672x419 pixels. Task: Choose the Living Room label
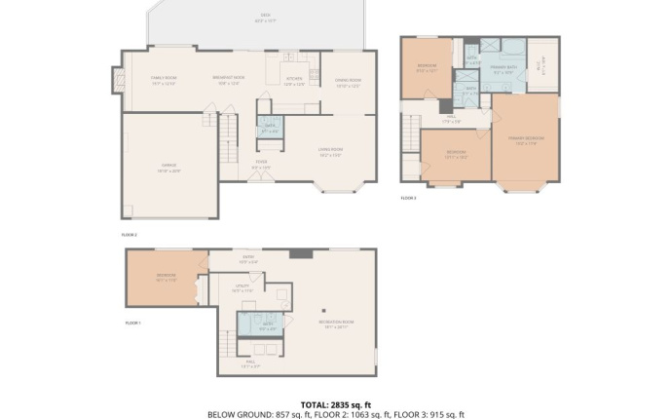[x=331, y=151]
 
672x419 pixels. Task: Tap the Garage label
[x=170, y=170]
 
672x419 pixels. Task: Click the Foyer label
[x=262, y=164]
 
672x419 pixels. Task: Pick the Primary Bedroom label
[x=526, y=140]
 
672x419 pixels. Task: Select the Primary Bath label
[x=503, y=69]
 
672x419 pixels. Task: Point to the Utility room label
[x=243, y=287]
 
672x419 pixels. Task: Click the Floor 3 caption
[x=408, y=199]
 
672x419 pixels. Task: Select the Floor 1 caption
[x=133, y=323]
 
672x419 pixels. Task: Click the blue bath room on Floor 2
[x=270, y=126]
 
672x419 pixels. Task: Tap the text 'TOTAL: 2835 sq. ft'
[x=335, y=403]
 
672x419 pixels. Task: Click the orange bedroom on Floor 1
[x=166, y=277]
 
